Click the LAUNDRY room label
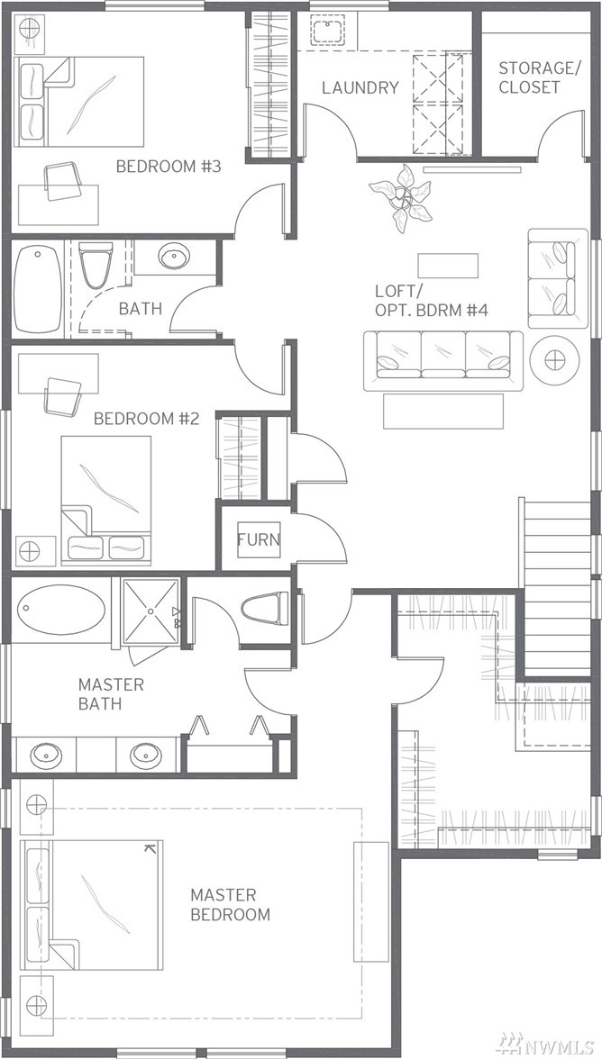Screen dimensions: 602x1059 360,87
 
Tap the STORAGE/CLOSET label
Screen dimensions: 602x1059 531,77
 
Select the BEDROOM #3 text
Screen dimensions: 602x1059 169,166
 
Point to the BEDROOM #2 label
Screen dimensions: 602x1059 146,419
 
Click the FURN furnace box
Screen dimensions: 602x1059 258,539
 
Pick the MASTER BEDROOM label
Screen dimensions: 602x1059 230,905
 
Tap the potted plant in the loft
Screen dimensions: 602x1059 401,198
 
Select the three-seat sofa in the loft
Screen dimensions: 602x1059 443,360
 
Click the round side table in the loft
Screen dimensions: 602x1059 555,359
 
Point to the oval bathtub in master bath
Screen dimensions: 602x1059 60,610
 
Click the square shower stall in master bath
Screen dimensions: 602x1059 150,611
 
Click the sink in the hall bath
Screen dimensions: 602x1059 174,257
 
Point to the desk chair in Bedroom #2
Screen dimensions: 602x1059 63,396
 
